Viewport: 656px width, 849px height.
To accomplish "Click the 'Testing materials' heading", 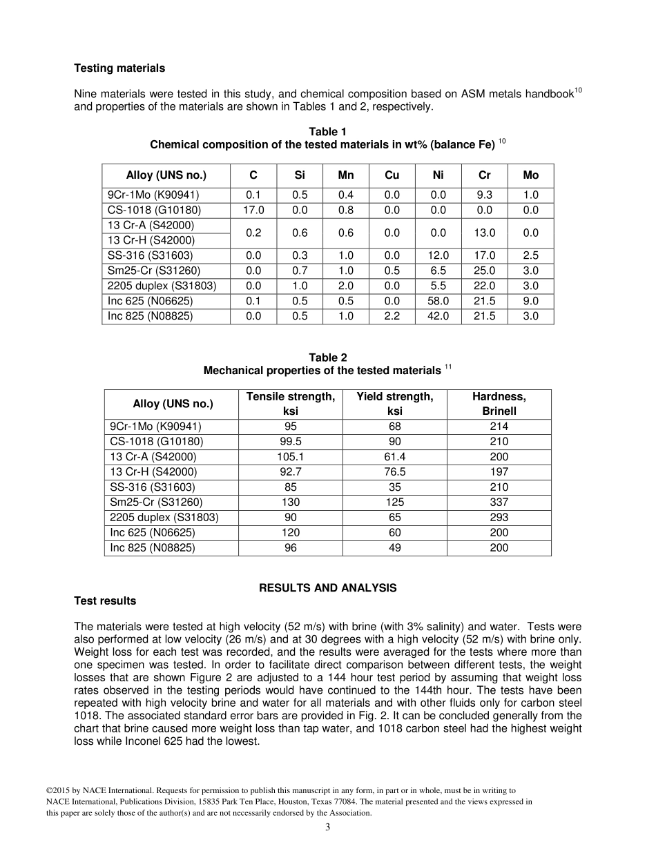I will click(x=119, y=68).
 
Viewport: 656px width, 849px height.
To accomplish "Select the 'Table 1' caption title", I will click(x=328, y=132).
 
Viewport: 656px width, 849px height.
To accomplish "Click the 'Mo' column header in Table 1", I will click(x=530, y=175).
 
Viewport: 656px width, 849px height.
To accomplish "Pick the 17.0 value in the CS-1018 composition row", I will click(x=253, y=210).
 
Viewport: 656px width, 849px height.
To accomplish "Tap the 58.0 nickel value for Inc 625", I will click(x=438, y=301).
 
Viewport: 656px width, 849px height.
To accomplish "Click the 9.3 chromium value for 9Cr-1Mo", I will click(x=484, y=195).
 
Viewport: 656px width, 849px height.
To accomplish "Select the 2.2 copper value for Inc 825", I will click(x=392, y=316).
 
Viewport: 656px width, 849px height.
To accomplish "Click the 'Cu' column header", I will click(x=392, y=175).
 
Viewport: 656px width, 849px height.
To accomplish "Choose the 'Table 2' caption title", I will click(x=328, y=358).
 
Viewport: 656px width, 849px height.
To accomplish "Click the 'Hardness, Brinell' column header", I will click(x=499, y=404).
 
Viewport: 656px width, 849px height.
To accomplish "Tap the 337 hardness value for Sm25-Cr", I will click(x=499, y=502).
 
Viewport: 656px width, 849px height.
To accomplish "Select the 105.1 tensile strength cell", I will click(x=290, y=456).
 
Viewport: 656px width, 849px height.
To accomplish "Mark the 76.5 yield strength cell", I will click(x=394, y=471).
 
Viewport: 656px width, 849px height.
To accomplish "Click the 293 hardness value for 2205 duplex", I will click(x=499, y=517).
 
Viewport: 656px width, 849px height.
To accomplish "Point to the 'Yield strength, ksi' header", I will click(x=394, y=404).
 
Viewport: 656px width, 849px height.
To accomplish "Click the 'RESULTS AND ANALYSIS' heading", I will click(x=327, y=588).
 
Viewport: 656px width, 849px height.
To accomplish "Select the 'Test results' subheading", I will click(x=105, y=601).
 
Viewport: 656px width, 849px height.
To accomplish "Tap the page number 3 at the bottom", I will click(x=328, y=828).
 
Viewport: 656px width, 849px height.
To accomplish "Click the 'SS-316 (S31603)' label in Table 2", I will click(x=151, y=487).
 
